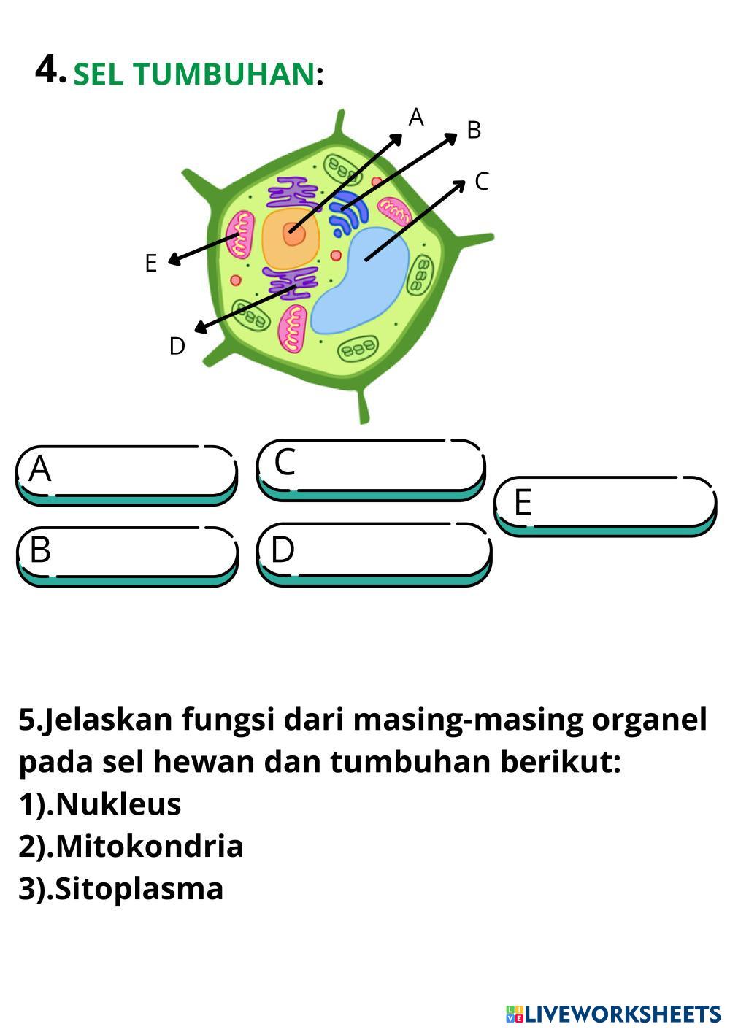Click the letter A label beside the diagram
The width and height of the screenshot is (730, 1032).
point(416,117)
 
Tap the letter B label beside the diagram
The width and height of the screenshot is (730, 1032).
point(474,130)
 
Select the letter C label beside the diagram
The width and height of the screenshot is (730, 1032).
point(481,181)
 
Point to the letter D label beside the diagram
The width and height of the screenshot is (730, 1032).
point(177,346)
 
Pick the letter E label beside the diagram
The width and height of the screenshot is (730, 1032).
point(151,263)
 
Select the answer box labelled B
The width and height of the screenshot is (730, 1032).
point(126,554)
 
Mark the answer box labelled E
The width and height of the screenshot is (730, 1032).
point(605,504)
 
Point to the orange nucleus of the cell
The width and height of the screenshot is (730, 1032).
point(291,237)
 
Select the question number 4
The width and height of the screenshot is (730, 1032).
point(50,70)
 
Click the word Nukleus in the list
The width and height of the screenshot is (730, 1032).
point(118,804)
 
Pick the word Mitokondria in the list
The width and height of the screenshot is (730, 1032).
point(150,846)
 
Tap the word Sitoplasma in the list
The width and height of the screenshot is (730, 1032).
point(139,888)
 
